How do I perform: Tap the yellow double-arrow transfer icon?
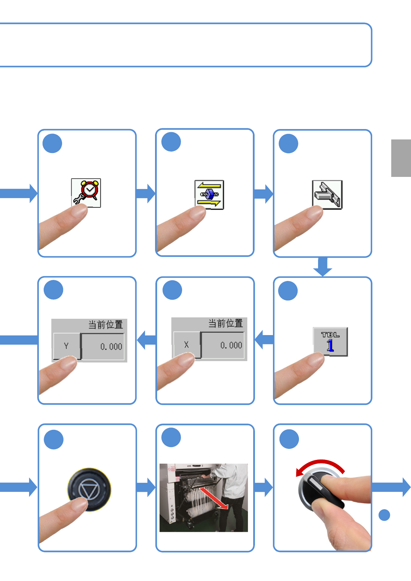click(209, 195)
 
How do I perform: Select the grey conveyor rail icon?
click(327, 195)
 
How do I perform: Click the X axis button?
click(187, 345)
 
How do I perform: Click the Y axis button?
click(67, 346)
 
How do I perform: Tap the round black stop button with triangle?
click(89, 489)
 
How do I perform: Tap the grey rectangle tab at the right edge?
click(401, 158)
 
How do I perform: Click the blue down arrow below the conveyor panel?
click(323, 267)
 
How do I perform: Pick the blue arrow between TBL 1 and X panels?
click(264, 340)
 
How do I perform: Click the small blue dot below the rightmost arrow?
click(384, 515)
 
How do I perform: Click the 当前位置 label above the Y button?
click(105, 325)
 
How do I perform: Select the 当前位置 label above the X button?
click(225, 323)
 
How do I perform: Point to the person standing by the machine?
click(232, 493)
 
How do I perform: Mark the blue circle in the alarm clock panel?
click(52, 144)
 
